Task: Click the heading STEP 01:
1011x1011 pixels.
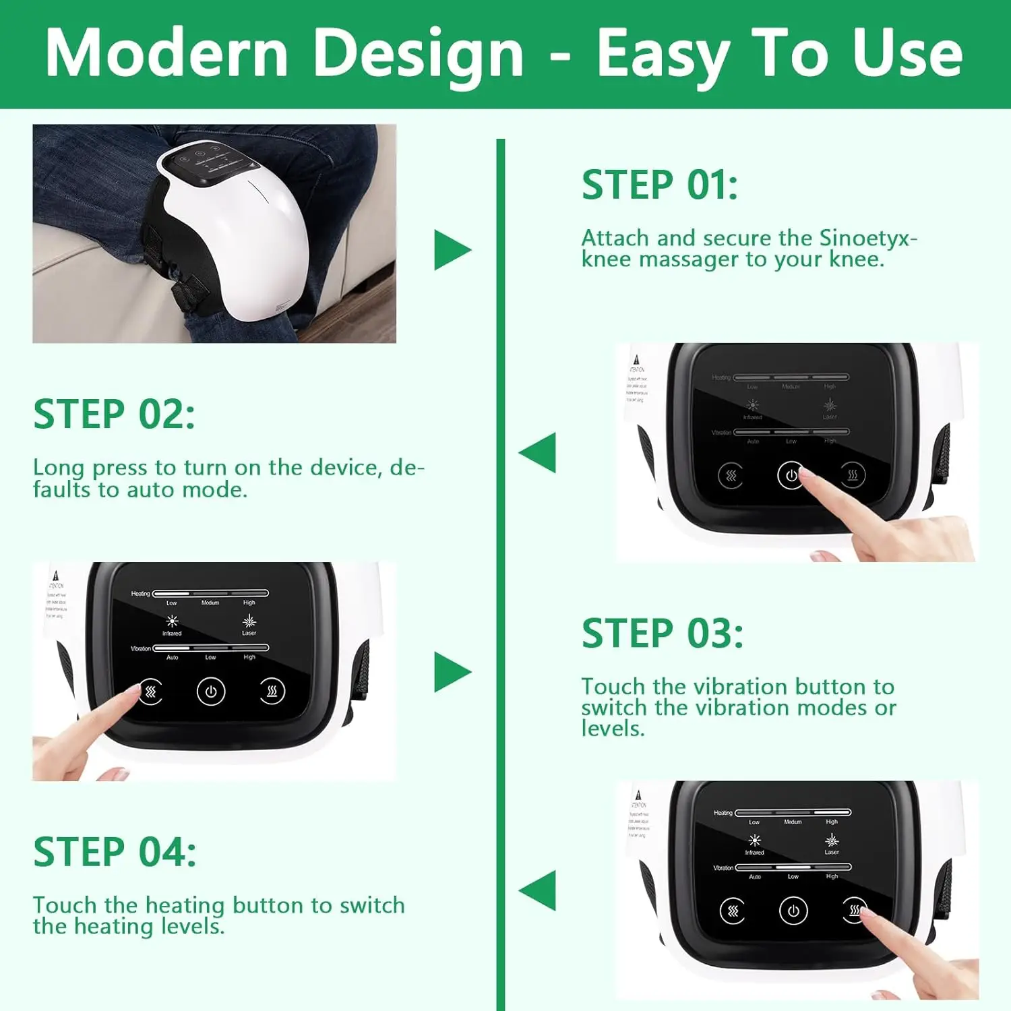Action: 659,185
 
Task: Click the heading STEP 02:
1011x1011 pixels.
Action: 114,414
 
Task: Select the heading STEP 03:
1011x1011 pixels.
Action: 662,634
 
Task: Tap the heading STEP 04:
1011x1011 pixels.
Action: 115,852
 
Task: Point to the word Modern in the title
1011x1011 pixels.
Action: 166,54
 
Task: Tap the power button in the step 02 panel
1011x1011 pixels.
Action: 791,475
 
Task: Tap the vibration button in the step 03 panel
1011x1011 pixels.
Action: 150,692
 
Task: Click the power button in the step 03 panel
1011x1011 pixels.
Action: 211,692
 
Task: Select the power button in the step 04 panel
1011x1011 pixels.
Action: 793,911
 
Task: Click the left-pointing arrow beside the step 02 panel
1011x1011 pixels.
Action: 539,452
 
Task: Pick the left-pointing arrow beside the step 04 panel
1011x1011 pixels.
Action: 539,890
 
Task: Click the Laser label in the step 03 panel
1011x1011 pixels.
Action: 249,633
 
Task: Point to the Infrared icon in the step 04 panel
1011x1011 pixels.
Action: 754,840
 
